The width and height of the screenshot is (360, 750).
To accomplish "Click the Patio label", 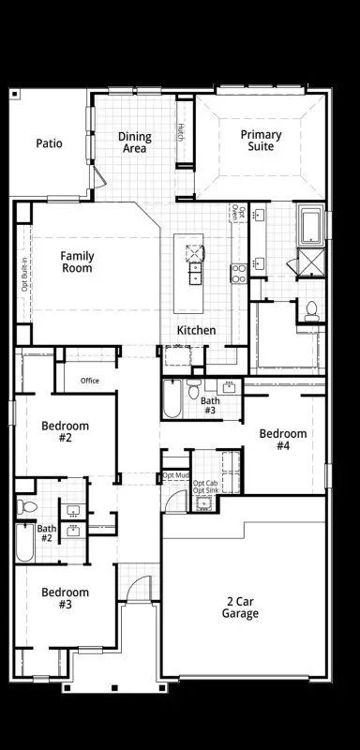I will (x=49, y=143).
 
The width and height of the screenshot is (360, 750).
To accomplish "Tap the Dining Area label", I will (x=135, y=142).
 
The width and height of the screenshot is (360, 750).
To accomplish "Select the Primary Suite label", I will (x=260, y=141).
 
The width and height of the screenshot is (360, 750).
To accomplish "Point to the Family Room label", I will (x=77, y=262).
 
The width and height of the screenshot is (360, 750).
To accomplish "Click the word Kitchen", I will (x=197, y=330).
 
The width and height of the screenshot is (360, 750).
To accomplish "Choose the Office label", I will (x=90, y=381).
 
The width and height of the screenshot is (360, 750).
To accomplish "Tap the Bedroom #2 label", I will (x=66, y=432).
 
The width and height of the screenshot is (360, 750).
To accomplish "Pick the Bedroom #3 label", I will (x=66, y=598).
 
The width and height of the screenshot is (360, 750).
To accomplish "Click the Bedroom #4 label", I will (x=283, y=440).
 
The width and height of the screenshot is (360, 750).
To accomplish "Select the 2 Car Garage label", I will (x=241, y=607).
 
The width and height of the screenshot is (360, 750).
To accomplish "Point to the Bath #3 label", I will (x=210, y=406).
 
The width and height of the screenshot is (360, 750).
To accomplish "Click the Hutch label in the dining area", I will (x=181, y=133).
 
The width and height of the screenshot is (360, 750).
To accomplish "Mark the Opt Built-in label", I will (x=24, y=274).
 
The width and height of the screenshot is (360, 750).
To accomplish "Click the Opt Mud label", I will (x=175, y=475).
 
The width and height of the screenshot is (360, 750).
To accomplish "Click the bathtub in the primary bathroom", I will (x=310, y=224).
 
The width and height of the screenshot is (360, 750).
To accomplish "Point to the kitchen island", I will (x=194, y=273).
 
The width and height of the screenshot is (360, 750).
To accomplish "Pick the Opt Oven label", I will (x=241, y=218).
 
